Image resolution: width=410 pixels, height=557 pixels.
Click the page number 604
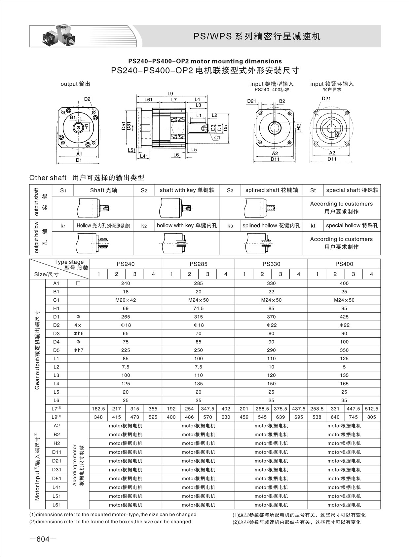point(43,539)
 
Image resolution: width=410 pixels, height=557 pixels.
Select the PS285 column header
point(198,264)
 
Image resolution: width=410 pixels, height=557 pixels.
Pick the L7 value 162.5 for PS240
point(98,408)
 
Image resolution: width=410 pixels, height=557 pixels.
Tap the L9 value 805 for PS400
point(371,417)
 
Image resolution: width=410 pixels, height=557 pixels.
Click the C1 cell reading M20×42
point(126,300)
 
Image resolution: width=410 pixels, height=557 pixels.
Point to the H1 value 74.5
point(198,308)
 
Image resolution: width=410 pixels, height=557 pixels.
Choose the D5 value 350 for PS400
point(344,350)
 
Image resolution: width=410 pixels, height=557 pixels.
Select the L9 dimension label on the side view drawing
point(170,94)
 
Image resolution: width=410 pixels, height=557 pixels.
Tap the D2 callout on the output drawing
point(87,99)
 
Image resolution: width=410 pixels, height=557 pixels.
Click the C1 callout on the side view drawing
point(217,138)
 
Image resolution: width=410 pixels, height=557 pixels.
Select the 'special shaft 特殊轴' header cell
point(352,190)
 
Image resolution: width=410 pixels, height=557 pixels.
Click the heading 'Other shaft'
point(48,178)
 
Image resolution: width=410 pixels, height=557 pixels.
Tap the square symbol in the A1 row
point(78,283)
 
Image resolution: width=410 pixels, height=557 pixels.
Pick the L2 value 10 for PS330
point(271,367)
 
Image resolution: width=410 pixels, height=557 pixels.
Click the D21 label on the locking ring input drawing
point(326,99)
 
